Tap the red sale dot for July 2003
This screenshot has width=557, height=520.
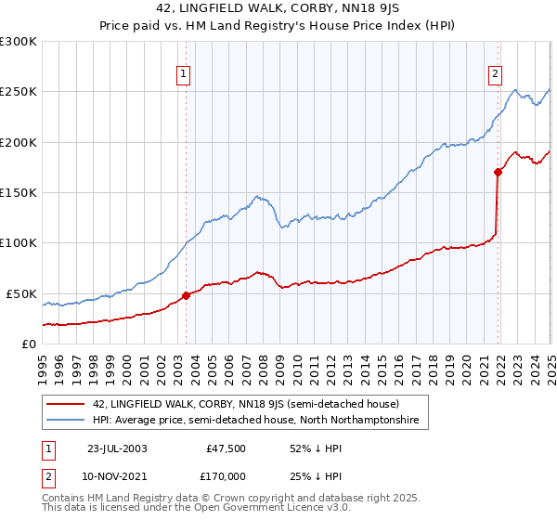186,295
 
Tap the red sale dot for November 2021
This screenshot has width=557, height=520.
498,172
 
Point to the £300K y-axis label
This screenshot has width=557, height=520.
19,42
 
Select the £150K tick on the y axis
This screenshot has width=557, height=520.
19,193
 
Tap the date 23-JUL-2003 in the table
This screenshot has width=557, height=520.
116,448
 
